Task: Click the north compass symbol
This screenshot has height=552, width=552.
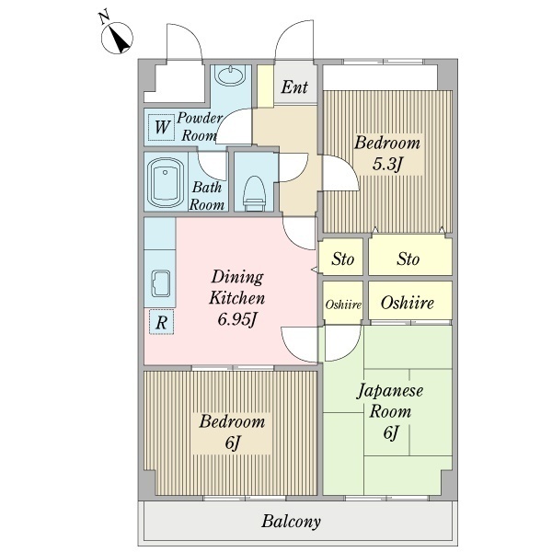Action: pos(117,38)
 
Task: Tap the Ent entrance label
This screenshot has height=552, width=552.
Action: pos(294,87)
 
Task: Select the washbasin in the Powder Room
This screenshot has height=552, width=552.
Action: pos(230,75)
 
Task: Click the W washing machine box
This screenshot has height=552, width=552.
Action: pos(162,127)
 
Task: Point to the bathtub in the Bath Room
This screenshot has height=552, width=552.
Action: pos(166,182)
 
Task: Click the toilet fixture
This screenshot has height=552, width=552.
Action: pos(255,194)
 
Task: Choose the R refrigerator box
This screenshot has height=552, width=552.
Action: pos(161,322)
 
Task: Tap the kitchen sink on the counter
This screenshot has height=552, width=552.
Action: pos(160,283)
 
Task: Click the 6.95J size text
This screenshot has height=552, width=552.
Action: pos(236,319)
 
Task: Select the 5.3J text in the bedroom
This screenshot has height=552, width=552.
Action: pos(387,164)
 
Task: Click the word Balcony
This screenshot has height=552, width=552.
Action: pos(291,522)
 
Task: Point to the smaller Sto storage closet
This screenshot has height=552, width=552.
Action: pos(342,258)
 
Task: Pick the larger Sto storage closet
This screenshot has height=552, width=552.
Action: pos(410,256)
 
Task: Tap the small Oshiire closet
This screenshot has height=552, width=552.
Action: pos(343,303)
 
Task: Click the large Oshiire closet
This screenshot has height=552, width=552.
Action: pos(410,301)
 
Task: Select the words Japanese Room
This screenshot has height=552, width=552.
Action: pos(390,401)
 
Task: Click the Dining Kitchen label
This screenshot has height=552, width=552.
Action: pos(236,288)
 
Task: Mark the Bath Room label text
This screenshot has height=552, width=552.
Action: pos(207,196)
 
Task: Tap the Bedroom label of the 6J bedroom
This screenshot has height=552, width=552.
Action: pos(232,421)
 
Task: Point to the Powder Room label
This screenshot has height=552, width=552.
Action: pos(200,127)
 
